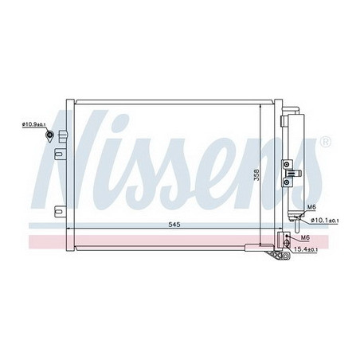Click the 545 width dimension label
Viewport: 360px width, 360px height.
click(174, 225)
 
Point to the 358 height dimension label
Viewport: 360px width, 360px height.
click(256, 174)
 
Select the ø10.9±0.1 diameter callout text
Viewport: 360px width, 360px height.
click(34, 124)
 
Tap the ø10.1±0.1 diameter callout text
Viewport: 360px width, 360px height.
click(324, 221)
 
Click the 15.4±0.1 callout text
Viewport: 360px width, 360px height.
click(305, 249)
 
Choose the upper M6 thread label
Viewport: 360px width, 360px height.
click(311, 207)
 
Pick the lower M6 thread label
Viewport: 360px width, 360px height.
click(305, 237)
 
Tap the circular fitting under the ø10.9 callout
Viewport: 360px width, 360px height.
click(49, 135)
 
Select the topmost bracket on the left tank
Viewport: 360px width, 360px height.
click(63, 136)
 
